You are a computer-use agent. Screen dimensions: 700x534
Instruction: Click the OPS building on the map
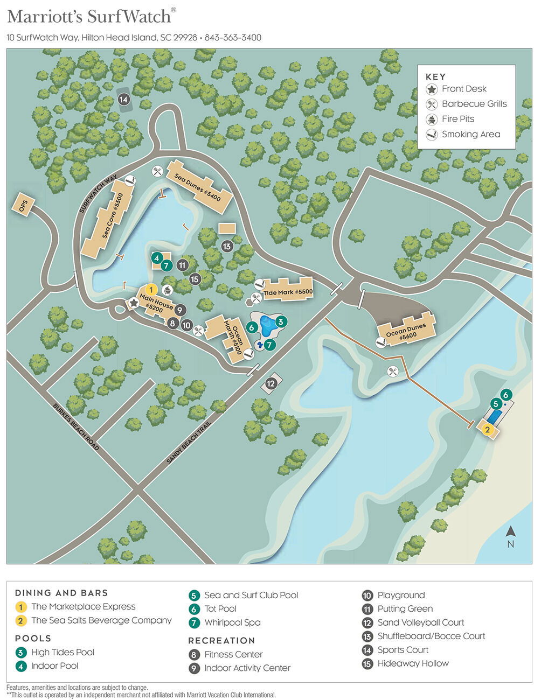(23, 205)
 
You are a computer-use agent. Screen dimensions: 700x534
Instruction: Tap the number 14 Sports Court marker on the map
(124, 100)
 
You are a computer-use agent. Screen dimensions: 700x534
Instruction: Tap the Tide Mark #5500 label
(288, 292)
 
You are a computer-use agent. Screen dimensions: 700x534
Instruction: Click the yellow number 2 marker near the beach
(487, 429)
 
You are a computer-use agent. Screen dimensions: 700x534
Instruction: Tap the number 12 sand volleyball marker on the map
(271, 383)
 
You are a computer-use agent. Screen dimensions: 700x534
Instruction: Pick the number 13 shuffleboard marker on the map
(227, 246)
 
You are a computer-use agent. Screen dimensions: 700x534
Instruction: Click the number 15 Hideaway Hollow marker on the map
(195, 279)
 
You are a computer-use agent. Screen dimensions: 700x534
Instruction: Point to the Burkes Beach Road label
(76, 426)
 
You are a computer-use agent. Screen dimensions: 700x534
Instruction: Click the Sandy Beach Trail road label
(189, 442)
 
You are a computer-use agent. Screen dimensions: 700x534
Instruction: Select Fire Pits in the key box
(457, 119)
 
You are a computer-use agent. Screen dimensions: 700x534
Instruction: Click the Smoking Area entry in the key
(470, 134)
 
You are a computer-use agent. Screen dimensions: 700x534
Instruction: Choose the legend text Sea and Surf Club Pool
(251, 595)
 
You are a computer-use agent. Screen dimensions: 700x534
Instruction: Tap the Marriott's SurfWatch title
(89, 16)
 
